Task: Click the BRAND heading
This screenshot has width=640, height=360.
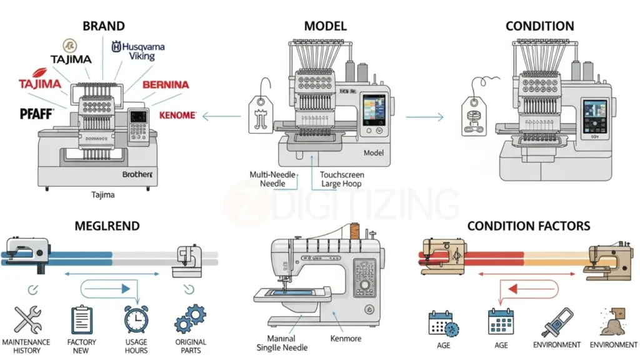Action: point(103,26)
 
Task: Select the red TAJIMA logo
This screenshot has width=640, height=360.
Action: point(40,84)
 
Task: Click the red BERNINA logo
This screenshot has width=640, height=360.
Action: point(166,84)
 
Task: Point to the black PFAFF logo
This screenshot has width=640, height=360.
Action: point(37,114)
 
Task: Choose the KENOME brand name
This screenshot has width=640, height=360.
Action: point(177,116)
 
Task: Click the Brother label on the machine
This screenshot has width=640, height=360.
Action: point(137,175)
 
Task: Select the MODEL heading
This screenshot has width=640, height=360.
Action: point(325,26)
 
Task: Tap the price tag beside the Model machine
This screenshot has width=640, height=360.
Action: point(261,113)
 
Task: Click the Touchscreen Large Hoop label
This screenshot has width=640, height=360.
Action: point(342,179)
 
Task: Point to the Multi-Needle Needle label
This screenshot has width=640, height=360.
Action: point(272,179)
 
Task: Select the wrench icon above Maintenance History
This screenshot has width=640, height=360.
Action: point(27,320)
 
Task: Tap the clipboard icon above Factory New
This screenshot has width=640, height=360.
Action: point(81,320)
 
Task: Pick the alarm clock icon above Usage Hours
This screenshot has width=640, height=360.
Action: point(136,319)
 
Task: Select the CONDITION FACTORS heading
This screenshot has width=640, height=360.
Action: point(528,225)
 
